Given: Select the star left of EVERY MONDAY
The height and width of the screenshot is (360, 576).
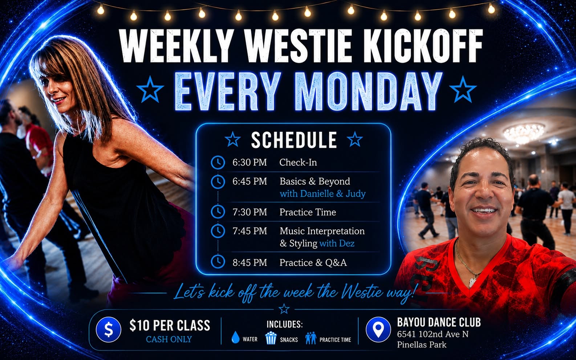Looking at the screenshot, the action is pos(150,89).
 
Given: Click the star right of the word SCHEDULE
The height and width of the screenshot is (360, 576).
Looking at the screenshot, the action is pos(355,139).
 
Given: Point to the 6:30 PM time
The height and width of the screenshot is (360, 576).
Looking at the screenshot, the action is pos(250,162).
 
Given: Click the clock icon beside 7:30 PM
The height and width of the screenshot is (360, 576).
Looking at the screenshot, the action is pos(218,212).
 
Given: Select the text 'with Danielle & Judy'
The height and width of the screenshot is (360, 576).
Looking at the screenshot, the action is pos(323,193).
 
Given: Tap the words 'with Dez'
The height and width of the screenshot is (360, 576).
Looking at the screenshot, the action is pos(337,243).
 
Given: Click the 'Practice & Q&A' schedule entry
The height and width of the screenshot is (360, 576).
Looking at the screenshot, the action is pos(313,262).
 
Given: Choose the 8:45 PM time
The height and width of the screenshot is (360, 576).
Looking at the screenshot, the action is pos(250,262).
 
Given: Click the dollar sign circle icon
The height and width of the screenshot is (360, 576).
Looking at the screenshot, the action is pos(108,330).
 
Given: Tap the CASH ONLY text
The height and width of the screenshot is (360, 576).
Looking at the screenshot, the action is pos(169,339).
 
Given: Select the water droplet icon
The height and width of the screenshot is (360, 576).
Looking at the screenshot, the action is pos(235,337).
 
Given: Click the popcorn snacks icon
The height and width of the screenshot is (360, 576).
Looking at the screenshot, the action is pos(271,338).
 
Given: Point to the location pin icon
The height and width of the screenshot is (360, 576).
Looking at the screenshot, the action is pos(378,330).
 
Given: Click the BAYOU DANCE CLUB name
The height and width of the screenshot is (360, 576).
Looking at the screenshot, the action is pos(439,322).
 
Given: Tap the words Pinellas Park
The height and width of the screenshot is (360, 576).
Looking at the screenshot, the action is pos(421,345).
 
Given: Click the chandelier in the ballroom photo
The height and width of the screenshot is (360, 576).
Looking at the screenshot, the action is pos(524,133).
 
